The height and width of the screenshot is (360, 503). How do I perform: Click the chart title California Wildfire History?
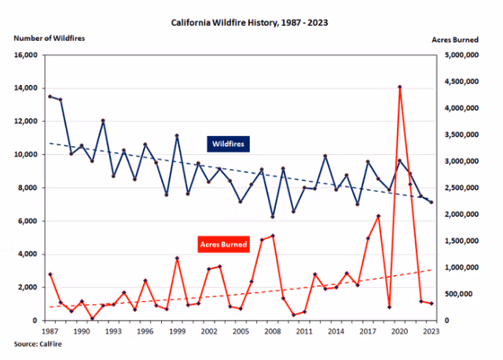pos(250,22)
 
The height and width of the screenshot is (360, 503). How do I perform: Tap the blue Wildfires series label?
pos(228,144)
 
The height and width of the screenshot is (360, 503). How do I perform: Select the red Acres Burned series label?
pos(225,244)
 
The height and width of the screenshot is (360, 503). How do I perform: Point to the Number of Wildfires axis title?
pos(49,38)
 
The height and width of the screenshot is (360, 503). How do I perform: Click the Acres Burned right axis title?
pos(456,38)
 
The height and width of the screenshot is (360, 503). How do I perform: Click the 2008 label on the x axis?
pos(273,332)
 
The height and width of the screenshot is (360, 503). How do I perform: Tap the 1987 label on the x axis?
pos(50,332)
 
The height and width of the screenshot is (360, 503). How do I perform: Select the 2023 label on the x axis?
pos(431,332)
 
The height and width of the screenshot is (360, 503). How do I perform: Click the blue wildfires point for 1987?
pos(50,97)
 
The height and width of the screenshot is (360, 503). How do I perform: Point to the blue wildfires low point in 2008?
pos(273,216)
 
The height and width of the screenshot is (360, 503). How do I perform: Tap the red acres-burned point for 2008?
pos(273,236)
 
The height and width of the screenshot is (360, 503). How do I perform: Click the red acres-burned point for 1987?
pos(50,274)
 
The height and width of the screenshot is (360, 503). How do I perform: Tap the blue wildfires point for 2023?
pos(431,202)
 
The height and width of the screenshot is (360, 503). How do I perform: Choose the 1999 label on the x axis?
pos(177,332)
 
